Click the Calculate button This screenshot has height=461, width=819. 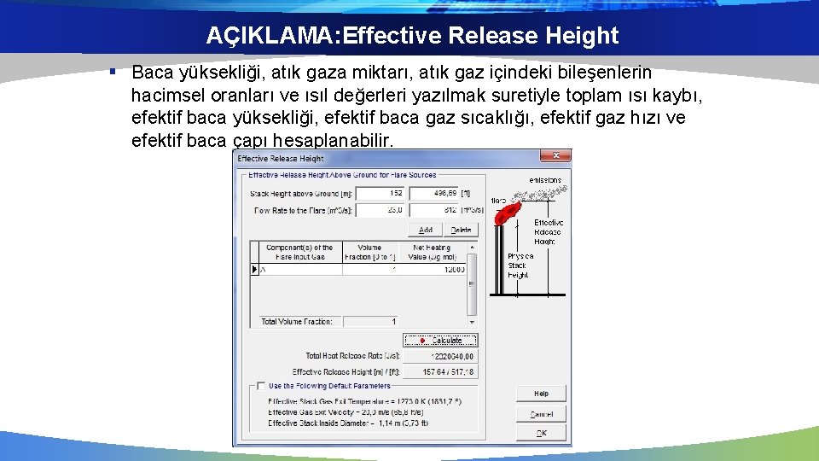pos(440,340)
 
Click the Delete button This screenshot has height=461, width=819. pos(460,230)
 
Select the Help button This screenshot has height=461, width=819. pos(541,394)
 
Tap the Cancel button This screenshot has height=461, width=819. pos(541,414)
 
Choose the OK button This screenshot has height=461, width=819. pos(541,434)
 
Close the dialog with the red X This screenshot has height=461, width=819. pos(555,156)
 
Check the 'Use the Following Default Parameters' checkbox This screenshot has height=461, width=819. pos(261,386)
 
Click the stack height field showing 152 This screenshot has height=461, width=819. pos(380,194)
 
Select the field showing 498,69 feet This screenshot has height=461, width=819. pos(433,194)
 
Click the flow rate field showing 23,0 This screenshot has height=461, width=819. pos(380,210)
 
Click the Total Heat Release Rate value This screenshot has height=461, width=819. pos(439,356)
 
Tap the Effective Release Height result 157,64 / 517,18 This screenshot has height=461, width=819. pos(439,372)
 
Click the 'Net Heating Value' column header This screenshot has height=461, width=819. pos(431,252)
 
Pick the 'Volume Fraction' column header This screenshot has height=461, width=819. pos(369,252)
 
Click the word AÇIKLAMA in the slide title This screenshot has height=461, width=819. pos(252,36)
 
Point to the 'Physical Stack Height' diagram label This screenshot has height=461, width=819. pos(520,266)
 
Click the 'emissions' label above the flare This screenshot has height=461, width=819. pos(545,181)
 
